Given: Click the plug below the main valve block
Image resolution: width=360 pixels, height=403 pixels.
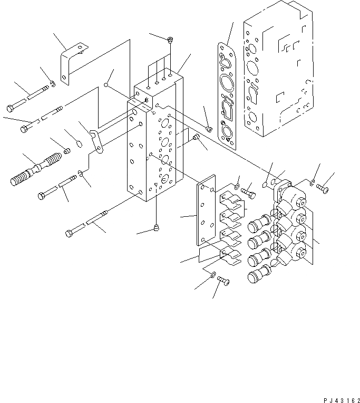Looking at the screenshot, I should [x=156, y=227].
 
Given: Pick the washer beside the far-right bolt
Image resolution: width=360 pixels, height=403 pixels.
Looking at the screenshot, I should [x=313, y=183].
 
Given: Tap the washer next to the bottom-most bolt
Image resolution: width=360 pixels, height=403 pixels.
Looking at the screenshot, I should [x=212, y=274].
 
